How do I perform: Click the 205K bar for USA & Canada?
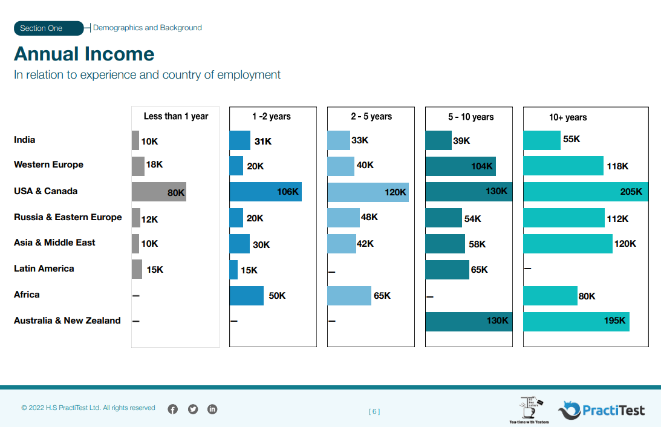click(585, 192)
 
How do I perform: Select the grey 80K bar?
click(158, 192)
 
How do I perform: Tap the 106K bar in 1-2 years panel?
click(265, 192)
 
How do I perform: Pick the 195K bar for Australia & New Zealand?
click(576, 321)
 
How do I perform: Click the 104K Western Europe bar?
click(460, 166)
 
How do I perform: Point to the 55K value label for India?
click(571, 139)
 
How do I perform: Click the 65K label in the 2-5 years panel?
click(382, 296)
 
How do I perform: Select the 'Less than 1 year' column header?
click(175, 116)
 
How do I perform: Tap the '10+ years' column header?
click(567, 117)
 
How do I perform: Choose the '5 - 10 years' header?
click(471, 117)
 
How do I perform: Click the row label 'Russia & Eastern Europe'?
click(68, 217)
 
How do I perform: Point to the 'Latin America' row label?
click(44, 269)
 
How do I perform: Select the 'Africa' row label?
click(27, 295)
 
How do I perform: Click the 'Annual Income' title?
click(84, 54)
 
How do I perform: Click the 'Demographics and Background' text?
click(147, 28)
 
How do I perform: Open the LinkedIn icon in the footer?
click(212, 409)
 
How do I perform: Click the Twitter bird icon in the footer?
click(193, 409)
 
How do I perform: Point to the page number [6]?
click(374, 412)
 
